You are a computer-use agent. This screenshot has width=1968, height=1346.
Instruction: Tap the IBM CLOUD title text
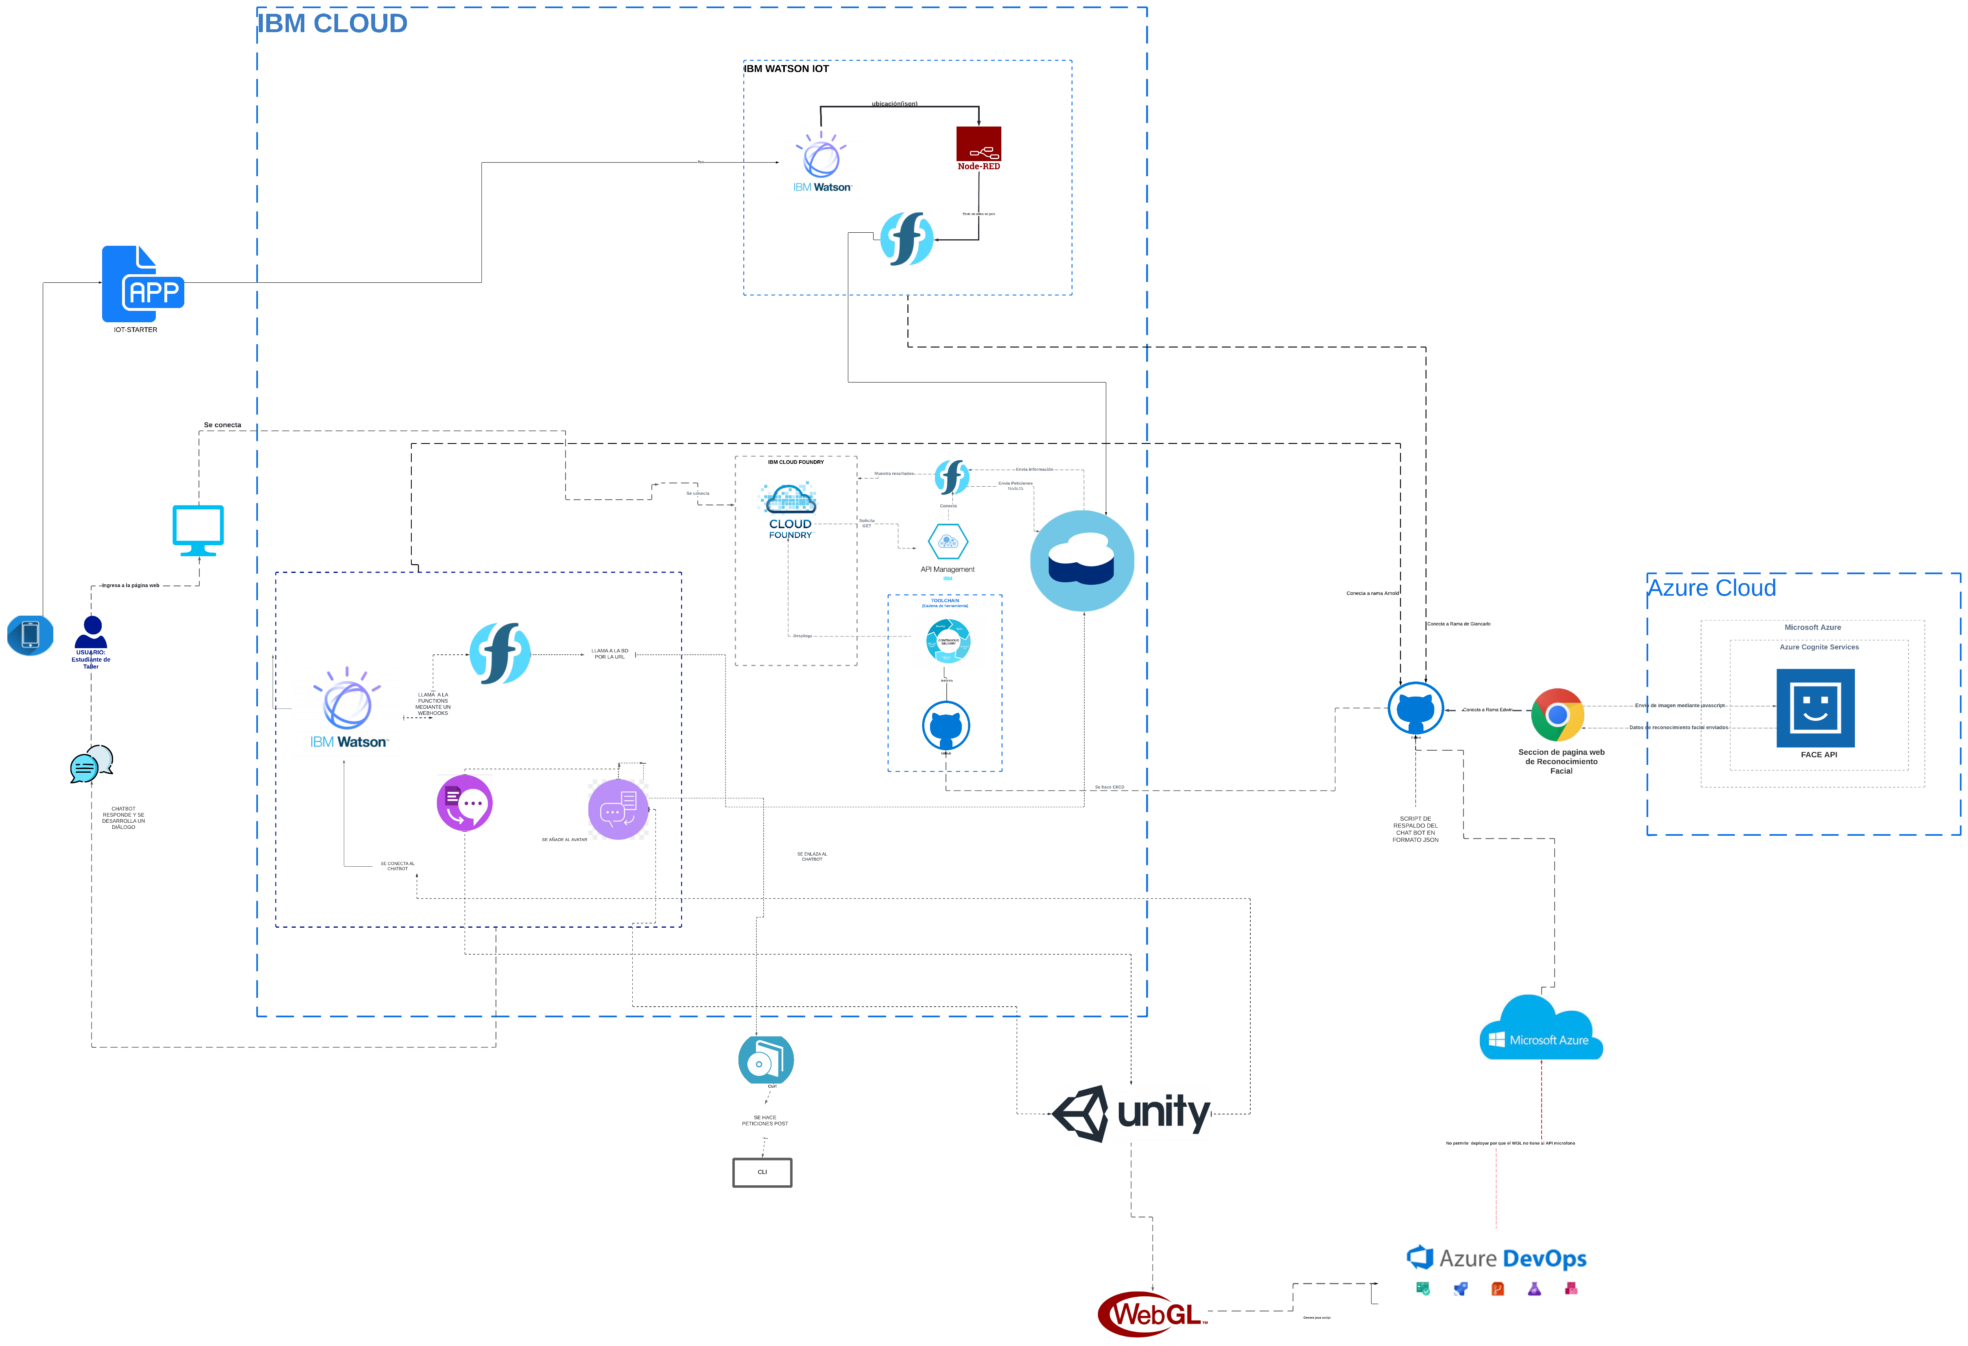(x=332, y=24)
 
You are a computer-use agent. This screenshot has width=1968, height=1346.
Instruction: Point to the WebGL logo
(x=1152, y=1314)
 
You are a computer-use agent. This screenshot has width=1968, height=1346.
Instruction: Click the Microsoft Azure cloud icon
(x=1540, y=1029)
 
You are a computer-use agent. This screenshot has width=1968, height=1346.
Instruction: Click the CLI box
(x=762, y=1172)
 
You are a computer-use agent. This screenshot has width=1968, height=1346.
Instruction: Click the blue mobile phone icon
(x=31, y=634)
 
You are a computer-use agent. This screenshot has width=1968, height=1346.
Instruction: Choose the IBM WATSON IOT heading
(x=787, y=69)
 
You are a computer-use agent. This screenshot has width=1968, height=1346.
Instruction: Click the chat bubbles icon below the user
(x=92, y=764)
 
